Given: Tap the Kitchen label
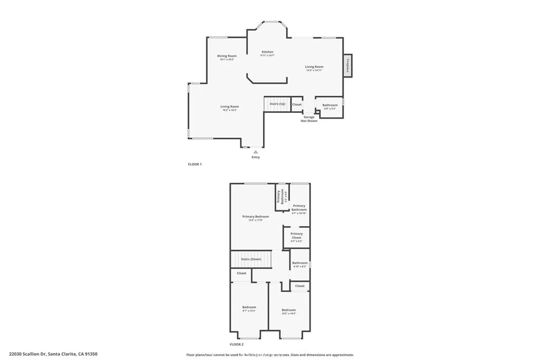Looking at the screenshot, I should tap(268, 52).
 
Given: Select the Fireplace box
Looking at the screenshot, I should tap(348, 65).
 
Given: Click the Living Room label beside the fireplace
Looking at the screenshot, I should tap(314, 67).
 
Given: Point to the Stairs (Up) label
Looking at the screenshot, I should tap(277, 104).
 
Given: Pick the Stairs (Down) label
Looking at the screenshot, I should tap(251, 259).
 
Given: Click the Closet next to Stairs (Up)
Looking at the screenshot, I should tap(297, 104).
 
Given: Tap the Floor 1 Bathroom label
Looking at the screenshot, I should tap(330, 105).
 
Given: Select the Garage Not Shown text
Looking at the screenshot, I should tap(309, 119).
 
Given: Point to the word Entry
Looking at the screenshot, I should tap(256, 157).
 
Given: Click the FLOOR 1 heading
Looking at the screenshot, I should tap(195, 164).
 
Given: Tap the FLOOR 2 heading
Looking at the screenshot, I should tap(237, 344).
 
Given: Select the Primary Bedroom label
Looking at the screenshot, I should tap(256, 217).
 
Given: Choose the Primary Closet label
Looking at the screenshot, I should tap(296, 236).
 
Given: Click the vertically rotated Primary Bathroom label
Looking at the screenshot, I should tap(282, 197).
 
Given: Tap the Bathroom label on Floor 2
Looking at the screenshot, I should tap(300, 263).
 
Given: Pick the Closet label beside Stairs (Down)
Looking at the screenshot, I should tap(242, 273).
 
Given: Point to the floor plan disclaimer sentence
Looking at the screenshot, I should tap(270, 355).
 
